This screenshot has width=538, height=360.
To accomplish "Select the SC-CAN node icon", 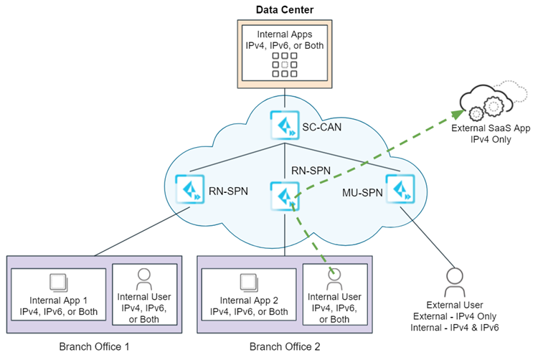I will click(x=285, y=125).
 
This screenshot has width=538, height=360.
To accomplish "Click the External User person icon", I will click(x=453, y=280).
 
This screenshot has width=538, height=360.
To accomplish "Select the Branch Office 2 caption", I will click(x=285, y=347).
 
